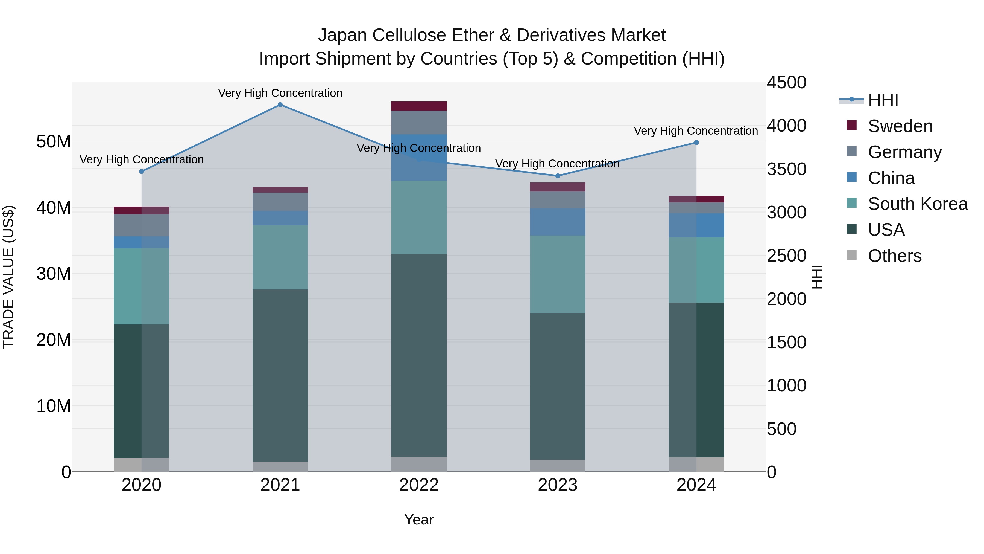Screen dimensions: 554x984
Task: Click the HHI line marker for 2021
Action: [x=280, y=105]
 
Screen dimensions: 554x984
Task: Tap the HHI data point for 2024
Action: [x=696, y=143]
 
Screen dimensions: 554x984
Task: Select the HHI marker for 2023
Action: [x=557, y=176]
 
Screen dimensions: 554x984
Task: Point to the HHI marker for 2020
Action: [x=141, y=172]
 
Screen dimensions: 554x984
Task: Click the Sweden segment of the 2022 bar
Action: [x=419, y=106]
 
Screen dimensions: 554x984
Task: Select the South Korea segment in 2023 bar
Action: [x=557, y=274]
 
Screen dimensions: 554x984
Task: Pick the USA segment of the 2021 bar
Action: [x=280, y=375]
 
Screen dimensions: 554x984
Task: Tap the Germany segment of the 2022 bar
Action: [x=419, y=123]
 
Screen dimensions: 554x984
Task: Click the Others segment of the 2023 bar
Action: [x=557, y=466]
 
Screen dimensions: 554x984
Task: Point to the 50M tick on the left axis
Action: [x=54, y=141]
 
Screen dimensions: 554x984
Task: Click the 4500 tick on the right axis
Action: [x=786, y=83]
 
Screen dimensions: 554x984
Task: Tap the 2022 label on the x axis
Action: [x=419, y=485]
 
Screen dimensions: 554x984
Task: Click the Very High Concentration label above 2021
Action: [x=280, y=93]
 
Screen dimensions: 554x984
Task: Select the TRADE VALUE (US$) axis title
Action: [x=8, y=277]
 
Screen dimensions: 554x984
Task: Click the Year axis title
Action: [x=419, y=520]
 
